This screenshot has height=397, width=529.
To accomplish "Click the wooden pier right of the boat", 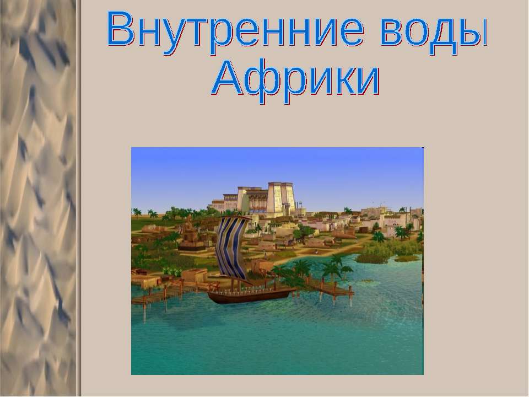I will [x=331, y=287].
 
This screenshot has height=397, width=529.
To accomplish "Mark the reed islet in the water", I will [x=386, y=256].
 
